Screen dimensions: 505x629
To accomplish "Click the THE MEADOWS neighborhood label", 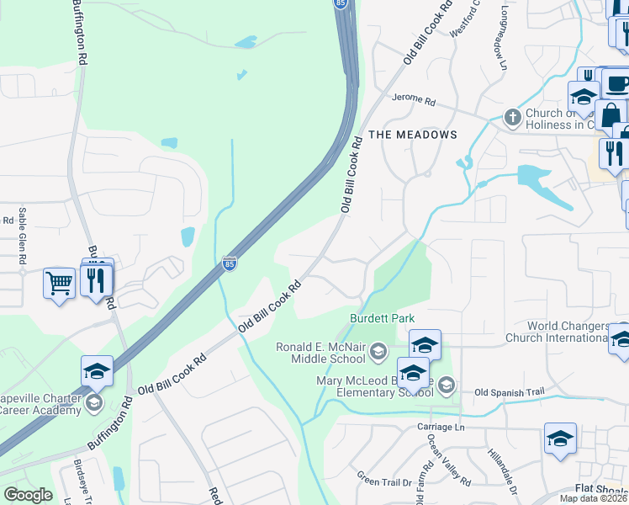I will (x=413, y=135).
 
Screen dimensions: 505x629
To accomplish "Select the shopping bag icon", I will (x=611, y=114).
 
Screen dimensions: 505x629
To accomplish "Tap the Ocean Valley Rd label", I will (x=448, y=460).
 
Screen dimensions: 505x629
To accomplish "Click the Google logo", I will (x=28, y=494).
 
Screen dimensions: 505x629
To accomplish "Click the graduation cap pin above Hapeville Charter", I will (x=97, y=370).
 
